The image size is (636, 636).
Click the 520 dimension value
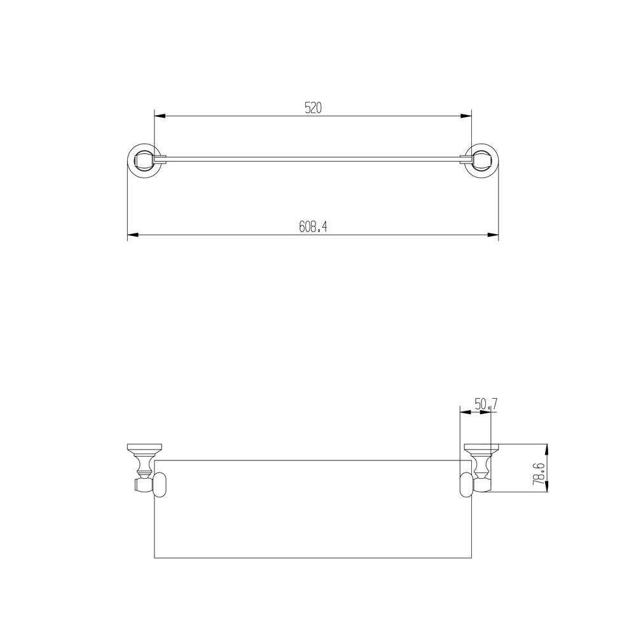313,108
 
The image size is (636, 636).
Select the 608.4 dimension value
313,227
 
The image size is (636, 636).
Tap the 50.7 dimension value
485,403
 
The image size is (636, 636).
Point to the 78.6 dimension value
538,474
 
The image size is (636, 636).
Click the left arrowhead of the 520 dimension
160,116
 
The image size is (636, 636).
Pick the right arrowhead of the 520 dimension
467,116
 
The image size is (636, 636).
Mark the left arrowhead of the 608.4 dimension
133,235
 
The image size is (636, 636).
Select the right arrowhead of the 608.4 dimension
493,235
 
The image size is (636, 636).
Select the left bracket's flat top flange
145,446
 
